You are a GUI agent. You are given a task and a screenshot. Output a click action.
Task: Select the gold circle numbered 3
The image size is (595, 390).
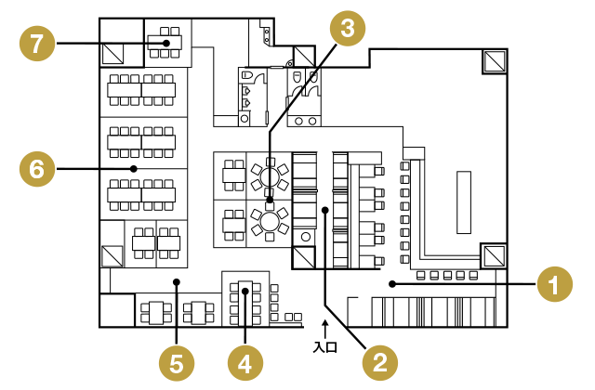pos(347,28)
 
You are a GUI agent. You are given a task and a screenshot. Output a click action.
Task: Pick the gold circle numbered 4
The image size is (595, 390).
pos(245,361)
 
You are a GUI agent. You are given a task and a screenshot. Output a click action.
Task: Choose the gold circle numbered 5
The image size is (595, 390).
pos(176,361)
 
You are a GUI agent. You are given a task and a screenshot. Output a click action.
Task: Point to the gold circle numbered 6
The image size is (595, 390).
pos(36,169)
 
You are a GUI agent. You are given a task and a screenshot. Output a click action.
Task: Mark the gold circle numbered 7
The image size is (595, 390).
pos(36,43)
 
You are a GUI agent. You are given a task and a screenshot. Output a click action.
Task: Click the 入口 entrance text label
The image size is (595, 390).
pos(324,347)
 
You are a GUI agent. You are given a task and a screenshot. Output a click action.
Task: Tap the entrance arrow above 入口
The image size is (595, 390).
pos(324,327)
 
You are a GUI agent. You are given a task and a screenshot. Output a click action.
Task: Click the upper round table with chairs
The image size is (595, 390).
pos(270,174)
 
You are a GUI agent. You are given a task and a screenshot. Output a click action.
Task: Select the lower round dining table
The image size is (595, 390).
pos(270,221)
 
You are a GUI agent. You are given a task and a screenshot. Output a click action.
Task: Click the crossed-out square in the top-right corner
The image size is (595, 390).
pos(495,60)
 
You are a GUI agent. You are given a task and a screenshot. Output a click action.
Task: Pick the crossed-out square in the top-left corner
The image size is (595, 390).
pos(114,54)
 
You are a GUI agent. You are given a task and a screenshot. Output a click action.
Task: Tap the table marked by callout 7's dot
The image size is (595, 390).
pos(165,42)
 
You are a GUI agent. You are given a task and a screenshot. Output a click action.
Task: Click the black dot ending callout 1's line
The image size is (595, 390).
pos(391,282)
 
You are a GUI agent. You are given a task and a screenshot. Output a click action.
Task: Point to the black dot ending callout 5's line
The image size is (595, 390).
pos(176,280)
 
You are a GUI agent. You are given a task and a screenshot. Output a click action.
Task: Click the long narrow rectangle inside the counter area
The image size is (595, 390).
pos(463,201)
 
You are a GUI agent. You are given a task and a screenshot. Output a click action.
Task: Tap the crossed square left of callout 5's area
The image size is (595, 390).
pos(112,255)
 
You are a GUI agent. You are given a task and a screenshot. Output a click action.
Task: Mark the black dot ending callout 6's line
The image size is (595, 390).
pos(134,169)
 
